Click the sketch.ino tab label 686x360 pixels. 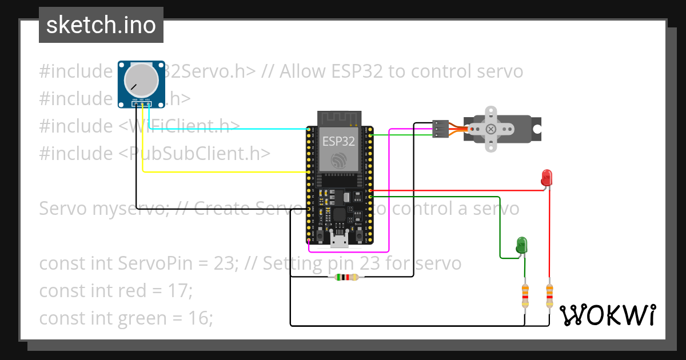(101, 25)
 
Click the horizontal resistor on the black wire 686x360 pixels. (346, 277)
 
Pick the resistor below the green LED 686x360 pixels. (525, 295)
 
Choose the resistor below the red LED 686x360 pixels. (549, 295)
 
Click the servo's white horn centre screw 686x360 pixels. (490, 129)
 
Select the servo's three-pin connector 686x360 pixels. (440, 129)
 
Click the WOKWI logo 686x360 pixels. (607, 315)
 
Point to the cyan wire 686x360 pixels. (229, 129)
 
